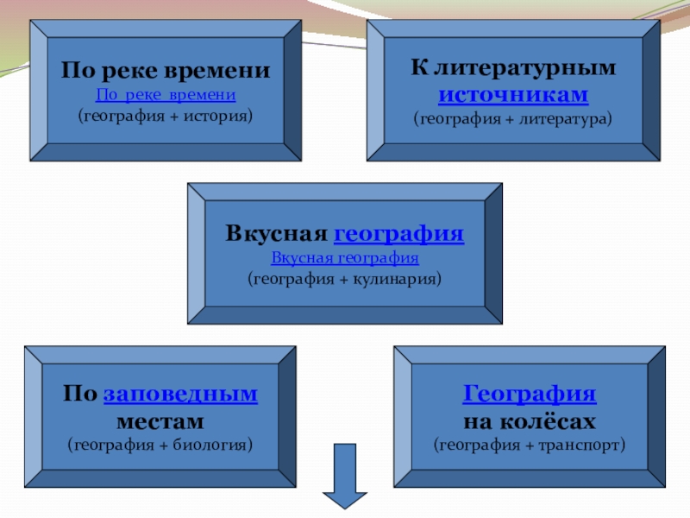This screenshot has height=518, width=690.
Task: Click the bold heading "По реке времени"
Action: pos(166,71)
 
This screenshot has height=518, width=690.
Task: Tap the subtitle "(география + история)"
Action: pos(166,114)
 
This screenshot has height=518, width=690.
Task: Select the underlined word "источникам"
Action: pos(513,93)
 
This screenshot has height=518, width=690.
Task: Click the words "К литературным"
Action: pos(513,68)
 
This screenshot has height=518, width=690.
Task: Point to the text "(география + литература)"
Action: pos(513,117)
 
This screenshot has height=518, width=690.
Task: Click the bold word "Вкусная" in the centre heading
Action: pos(276,234)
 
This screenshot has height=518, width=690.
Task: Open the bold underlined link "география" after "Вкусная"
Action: pos(398,234)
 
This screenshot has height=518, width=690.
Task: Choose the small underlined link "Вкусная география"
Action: pos(345,257)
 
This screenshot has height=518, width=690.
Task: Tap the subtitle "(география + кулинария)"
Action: pos(345,279)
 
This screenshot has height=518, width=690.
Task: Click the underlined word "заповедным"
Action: pos(180,394)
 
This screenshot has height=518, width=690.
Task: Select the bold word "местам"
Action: pos(160,421)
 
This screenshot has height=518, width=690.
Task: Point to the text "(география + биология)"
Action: pos(160,445)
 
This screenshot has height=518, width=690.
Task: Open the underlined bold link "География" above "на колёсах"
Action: pos(530,394)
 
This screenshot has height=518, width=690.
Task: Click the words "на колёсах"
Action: pos(530,421)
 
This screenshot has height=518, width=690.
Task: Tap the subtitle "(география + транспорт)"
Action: pos(530,445)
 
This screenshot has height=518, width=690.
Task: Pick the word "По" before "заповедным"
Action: pos(79,394)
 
